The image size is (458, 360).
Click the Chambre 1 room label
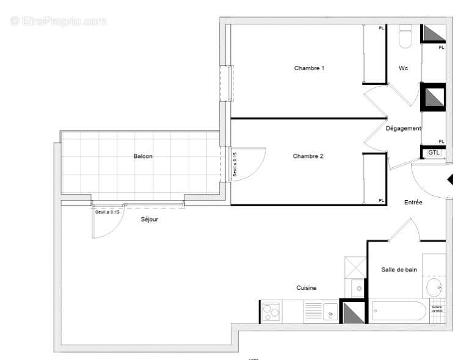(309, 68)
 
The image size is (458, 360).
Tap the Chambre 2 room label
(308, 156)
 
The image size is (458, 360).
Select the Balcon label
(143, 156)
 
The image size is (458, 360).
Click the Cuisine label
(307, 289)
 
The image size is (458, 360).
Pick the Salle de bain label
(399, 270)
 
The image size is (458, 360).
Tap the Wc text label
(404, 68)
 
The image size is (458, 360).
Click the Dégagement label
(403, 129)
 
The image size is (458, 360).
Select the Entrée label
(413, 202)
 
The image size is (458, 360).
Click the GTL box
(434, 153)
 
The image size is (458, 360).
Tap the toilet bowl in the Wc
(405, 38)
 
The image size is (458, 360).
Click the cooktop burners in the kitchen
(271, 312)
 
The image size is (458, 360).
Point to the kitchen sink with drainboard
(321, 312)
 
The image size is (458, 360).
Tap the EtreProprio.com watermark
(58, 21)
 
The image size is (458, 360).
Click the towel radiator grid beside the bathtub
(437, 308)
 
